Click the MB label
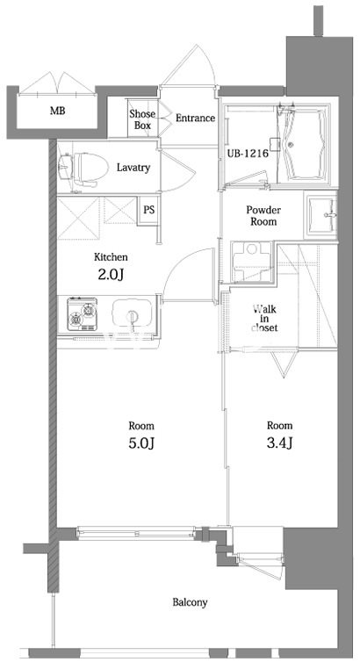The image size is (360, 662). tap(58, 112)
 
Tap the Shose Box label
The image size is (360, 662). tap(142, 119)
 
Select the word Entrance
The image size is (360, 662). tap(196, 119)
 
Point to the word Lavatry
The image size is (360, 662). tap(133, 168)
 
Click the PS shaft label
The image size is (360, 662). tap(148, 210)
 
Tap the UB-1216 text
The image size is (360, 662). tap(248, 154)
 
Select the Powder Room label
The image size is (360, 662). tap(263, 215)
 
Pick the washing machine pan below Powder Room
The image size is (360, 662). tap(251, 262)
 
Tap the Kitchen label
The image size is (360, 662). tap(111, 256)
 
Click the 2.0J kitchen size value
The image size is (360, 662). tap(111, 275)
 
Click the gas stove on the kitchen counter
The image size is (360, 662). tap(83, 314)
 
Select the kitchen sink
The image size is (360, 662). tap(132, 315)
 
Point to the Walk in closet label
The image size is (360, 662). tap(264, 318)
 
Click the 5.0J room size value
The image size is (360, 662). tap(141, 443)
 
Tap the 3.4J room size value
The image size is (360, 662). tap(279, 443)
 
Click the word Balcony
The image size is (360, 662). tap(190, 602)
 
